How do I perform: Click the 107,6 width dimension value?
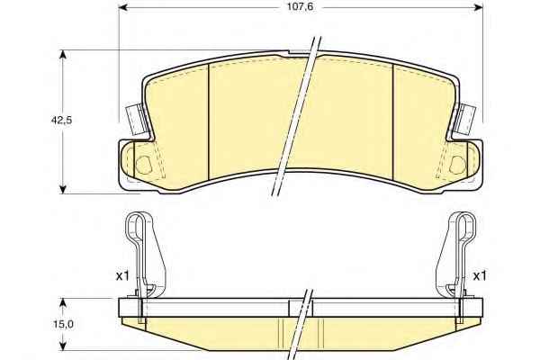300,7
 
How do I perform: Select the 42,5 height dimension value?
61,121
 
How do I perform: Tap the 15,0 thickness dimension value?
63,324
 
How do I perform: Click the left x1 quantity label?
122,275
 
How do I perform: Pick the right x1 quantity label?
479,275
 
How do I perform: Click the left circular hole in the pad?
143,165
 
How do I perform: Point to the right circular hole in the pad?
458,165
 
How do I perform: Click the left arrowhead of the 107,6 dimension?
123,7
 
